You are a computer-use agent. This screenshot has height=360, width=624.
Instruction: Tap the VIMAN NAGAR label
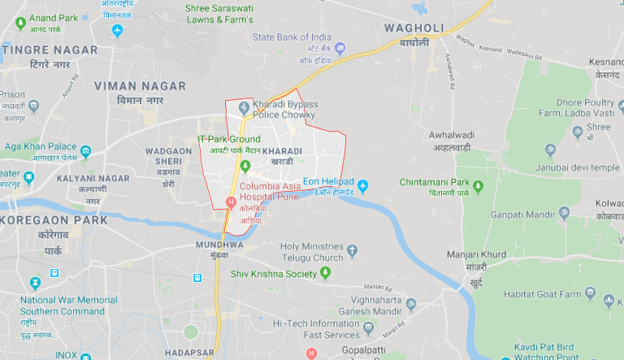pyautogui.click(x=140, y=85)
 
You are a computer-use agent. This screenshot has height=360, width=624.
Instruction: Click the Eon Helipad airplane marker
pyautogui.click(x=363, y=186)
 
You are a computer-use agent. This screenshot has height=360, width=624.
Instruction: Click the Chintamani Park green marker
pyautogui.click(x=478, y=187)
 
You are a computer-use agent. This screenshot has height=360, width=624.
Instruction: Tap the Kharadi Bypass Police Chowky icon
pyautogui.click(x=241, y=108)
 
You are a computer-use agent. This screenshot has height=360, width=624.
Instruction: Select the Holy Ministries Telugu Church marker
pyautogui.click(x=352, y=251)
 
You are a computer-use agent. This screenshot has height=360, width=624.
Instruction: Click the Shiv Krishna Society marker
pyautogui.click(x=325, y=274)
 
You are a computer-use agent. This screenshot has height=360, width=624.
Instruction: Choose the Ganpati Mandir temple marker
pyautogui.click(x=565, y=213)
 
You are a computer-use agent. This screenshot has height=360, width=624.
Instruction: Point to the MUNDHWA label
pyautogui.click(x=219, y=244)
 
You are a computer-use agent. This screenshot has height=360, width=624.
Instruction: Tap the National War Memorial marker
pyautogui.click(x=35, y=283)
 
